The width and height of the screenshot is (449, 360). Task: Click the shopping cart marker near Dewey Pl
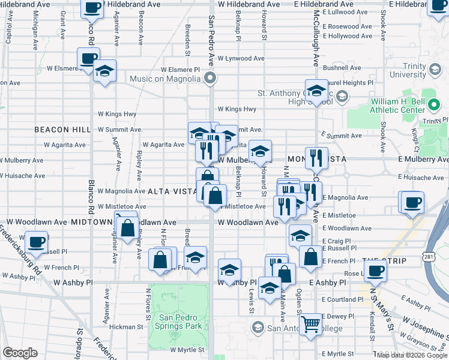pos(311,325)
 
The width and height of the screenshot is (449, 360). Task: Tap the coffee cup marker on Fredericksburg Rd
pos(37,242)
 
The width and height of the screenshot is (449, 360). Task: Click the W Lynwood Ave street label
pos(241,59)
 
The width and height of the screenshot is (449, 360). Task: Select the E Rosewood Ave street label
pos(348,26)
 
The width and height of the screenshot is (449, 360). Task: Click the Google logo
pos(20,352)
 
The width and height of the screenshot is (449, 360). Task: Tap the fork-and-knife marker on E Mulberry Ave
pos(316,158)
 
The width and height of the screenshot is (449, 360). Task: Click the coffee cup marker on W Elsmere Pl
pos(89,59)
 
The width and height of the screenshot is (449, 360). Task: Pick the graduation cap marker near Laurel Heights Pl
pos(316,91)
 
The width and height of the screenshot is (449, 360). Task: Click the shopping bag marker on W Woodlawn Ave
pos(127,228)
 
